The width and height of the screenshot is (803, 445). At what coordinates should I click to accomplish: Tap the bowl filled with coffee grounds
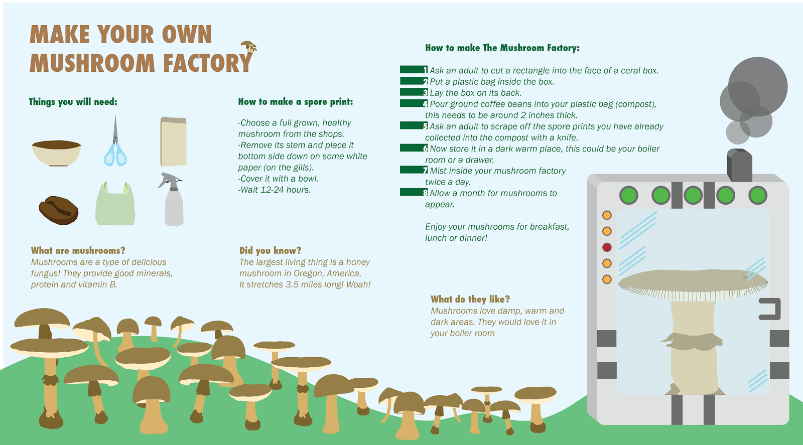56,153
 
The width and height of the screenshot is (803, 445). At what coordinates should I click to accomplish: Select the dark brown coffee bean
59,210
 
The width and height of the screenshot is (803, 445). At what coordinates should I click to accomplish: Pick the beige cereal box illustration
174,141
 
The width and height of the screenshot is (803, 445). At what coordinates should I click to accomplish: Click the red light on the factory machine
607,247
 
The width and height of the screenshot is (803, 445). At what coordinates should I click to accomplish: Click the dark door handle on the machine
771,309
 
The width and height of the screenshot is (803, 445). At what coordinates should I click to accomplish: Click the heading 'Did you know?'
270,250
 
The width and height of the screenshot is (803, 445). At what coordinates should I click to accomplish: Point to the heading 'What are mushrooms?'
78,250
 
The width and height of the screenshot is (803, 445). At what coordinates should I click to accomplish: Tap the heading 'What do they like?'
470,299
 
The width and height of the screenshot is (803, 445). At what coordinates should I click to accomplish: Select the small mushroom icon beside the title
249,48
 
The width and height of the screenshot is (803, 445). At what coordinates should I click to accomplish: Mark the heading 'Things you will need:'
73,102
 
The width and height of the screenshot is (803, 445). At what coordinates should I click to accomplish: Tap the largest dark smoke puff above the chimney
757,86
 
